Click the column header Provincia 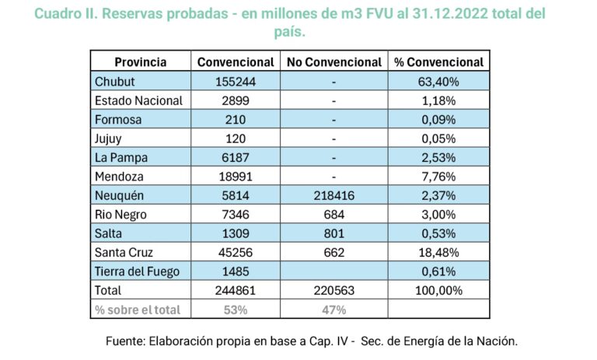(x=137, y=62)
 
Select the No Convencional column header (x=333, y=62)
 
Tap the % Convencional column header (x=438, y=62)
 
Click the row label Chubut (x=114, y=82)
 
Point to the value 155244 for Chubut (x=236, y=82)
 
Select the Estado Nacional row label (x=138, y=100)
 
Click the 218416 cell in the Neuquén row (x=333, y=195)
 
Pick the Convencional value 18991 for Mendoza (x=236, y=177)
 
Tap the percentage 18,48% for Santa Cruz (x=438, y=252)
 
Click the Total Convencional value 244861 (x=236, y=290)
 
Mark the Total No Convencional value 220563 (x=333, y=290)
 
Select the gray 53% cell (x=236, y=309)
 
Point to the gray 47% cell (x=333, y=309)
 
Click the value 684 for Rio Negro (x=333, y=215)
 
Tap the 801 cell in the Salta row (x=333, y=233)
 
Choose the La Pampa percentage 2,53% (x=438, y=157)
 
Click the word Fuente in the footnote (x=127, y=341)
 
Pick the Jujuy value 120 (x=236, y=138)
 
